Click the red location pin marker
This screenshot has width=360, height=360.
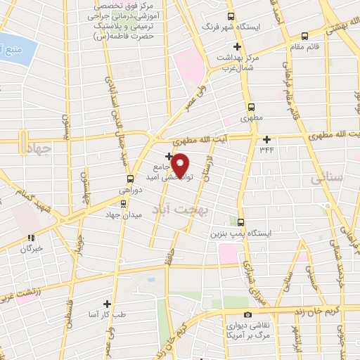coord(181,165)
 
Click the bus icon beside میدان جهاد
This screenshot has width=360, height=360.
coord(124,204)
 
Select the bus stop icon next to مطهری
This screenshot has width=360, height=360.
coord(251,108)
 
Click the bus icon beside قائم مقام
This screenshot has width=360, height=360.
coord(304,36)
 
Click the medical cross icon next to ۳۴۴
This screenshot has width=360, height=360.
coord(266,139)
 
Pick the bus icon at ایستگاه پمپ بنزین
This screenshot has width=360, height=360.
coord(241,222)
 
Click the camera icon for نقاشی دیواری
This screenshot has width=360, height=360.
coord(247,315)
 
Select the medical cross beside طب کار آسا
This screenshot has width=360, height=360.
coord(107,304)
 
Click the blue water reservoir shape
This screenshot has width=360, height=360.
coord(15,51)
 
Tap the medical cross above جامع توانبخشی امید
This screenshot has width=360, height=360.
coord(168,155)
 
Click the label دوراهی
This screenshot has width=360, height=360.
coord(130,191)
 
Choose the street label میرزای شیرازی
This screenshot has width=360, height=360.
coord(247,267)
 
